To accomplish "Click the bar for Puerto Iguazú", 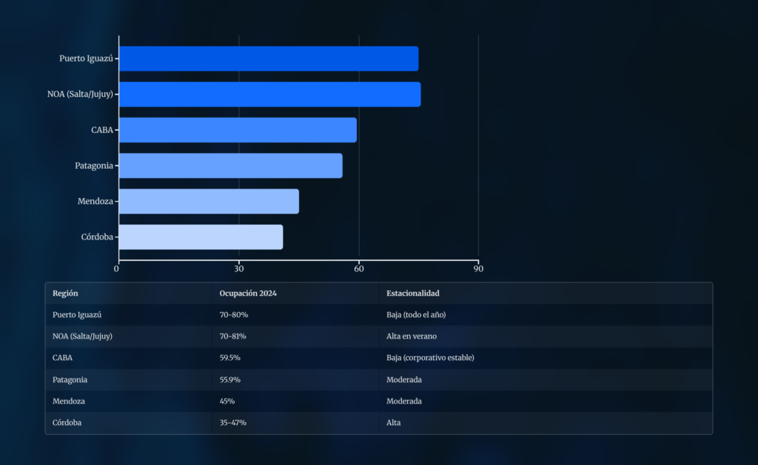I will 268,58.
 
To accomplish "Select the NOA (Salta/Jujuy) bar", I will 269,95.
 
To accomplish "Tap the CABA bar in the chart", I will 238,130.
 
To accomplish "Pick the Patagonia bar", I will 230,166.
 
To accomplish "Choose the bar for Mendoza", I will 209,201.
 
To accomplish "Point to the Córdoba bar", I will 201,237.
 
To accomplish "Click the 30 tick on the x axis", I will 239,269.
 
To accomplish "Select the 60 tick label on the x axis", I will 359,269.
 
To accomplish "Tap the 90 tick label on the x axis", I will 478,269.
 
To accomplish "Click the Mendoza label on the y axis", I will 95,201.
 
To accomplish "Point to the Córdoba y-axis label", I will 97,237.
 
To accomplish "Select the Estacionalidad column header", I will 413,293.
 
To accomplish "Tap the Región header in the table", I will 65,293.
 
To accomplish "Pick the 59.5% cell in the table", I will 230,358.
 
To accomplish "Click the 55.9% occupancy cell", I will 230,379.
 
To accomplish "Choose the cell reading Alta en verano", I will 412,336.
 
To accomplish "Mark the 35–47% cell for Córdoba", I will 233,422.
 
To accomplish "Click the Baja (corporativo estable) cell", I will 430,358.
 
